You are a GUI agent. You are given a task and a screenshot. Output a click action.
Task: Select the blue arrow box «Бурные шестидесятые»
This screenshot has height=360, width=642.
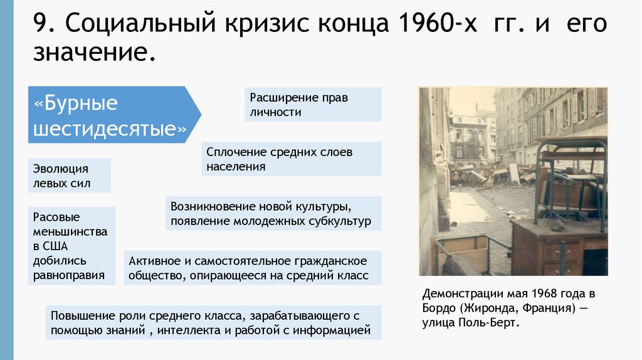click(x=113, y=115)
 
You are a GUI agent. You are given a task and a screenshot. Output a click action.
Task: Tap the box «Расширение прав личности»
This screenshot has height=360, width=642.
click(x=313, y=105)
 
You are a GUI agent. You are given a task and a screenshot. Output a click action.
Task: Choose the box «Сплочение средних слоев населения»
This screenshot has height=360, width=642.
click(x=293, y=159)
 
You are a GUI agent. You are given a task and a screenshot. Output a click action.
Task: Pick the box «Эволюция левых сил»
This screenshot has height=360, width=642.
click(x=70, y=176)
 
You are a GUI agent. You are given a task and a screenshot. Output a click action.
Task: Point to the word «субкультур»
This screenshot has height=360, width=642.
click(x=342, y=221)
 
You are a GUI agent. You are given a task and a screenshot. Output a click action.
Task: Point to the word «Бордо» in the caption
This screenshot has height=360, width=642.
click(x=439, y=309)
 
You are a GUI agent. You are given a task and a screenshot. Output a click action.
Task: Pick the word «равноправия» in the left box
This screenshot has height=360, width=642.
click(x=70, y=274)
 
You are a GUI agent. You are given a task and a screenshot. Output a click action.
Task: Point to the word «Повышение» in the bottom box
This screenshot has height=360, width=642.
click(x=78, y=315)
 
